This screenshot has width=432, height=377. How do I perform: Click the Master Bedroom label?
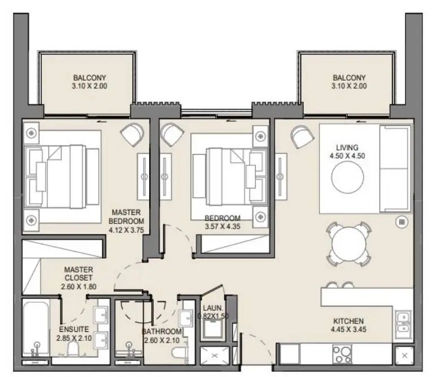pos(126,217)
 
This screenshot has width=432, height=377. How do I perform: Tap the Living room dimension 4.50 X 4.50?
pos(347,156)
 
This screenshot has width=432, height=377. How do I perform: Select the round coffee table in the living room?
pos(347,177)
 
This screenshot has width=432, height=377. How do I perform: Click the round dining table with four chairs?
pos(349,244)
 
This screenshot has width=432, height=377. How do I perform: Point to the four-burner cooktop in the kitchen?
pos(342,354)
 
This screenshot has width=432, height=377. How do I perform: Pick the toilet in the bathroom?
pos(178,353)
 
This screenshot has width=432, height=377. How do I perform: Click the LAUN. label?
pos(213,308)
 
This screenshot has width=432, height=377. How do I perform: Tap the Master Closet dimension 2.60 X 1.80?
pos(79,287)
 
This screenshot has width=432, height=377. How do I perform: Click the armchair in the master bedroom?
pos(132,134)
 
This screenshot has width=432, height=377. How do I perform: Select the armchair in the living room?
pos(302,137)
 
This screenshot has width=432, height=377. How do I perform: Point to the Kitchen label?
pos(348,321)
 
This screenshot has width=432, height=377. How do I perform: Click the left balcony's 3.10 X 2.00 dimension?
pos(90,86)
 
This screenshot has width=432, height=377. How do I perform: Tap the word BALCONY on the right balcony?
pos(349,78)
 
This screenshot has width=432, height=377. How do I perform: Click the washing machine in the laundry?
pos(213,328)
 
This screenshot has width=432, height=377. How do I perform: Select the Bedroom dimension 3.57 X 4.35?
pos(222,227)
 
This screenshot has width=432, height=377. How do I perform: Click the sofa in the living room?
pos(395,169)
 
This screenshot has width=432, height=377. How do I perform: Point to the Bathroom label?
pos(162,331)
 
